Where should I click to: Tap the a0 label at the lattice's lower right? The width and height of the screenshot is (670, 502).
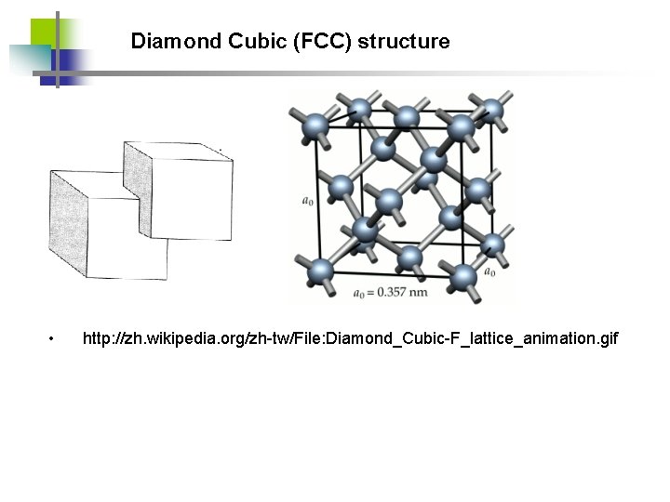pyautogui.click(x=489, y=271)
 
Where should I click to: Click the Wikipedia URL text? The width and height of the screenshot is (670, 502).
pyautogui.click(x=350, y=337)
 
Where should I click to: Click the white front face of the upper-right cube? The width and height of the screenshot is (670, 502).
pyautogui.click(x=191, y=197)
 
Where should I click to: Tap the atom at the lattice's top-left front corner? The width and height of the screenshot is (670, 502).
pyautogui.click(x=316, y=124)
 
